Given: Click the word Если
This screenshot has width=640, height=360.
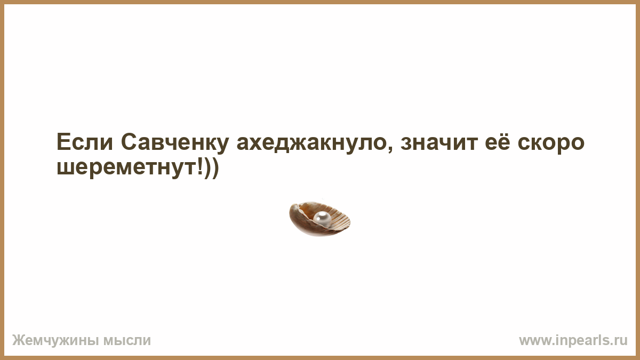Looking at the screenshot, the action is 85,142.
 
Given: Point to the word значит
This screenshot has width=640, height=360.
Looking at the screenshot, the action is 439,145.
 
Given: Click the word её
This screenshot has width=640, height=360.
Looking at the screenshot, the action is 498,142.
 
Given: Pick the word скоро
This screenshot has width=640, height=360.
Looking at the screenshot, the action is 551,145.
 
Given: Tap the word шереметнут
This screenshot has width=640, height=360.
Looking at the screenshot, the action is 126,169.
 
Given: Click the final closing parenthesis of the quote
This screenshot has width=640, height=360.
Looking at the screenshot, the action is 215,168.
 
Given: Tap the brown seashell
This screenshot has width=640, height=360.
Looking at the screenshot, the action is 319,219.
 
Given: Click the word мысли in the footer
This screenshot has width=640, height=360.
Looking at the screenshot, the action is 127,341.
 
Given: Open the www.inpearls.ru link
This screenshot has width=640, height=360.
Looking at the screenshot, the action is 573,341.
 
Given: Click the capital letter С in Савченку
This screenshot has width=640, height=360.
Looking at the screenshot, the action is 129,142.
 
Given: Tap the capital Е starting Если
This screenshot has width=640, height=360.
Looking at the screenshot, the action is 63,142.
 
